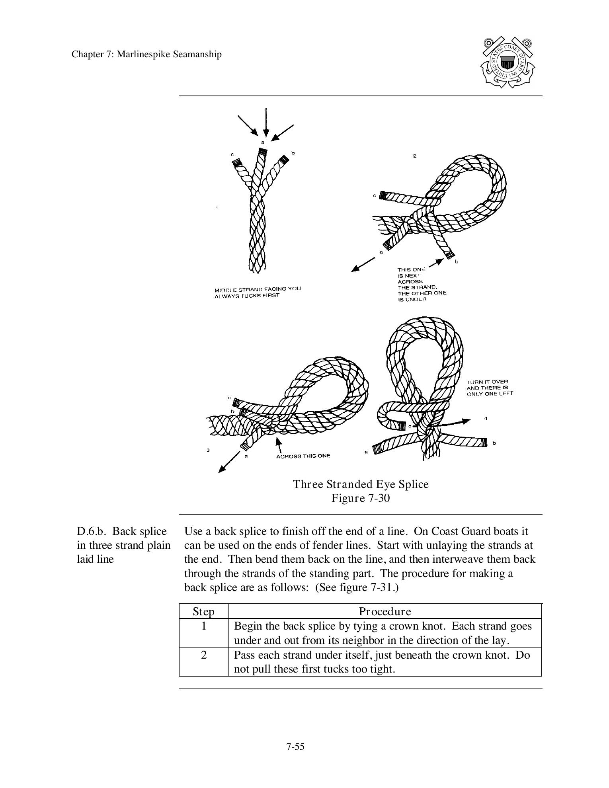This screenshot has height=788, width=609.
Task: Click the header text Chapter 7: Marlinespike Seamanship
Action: point(146,55)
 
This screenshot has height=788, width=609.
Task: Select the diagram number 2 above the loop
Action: point(414,156)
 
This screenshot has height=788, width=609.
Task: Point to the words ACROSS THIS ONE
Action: point(303,456)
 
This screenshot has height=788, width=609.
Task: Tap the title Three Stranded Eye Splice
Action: point(361,484)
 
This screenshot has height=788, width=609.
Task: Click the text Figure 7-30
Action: point(361,498)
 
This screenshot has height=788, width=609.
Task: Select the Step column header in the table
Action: point(203,611)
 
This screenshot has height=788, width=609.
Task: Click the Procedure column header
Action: point(385,611)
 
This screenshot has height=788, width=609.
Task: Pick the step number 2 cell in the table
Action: point(204,655)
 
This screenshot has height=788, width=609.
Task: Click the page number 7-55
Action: point(295,747)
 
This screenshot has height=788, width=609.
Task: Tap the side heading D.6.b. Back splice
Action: point(122,531)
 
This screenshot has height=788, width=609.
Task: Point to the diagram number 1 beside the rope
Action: point(217,208)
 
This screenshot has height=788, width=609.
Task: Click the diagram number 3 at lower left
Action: point(208,450)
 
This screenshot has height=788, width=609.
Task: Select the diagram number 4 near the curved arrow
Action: point(486,418)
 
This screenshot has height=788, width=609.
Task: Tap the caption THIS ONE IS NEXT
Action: point(411,272)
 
